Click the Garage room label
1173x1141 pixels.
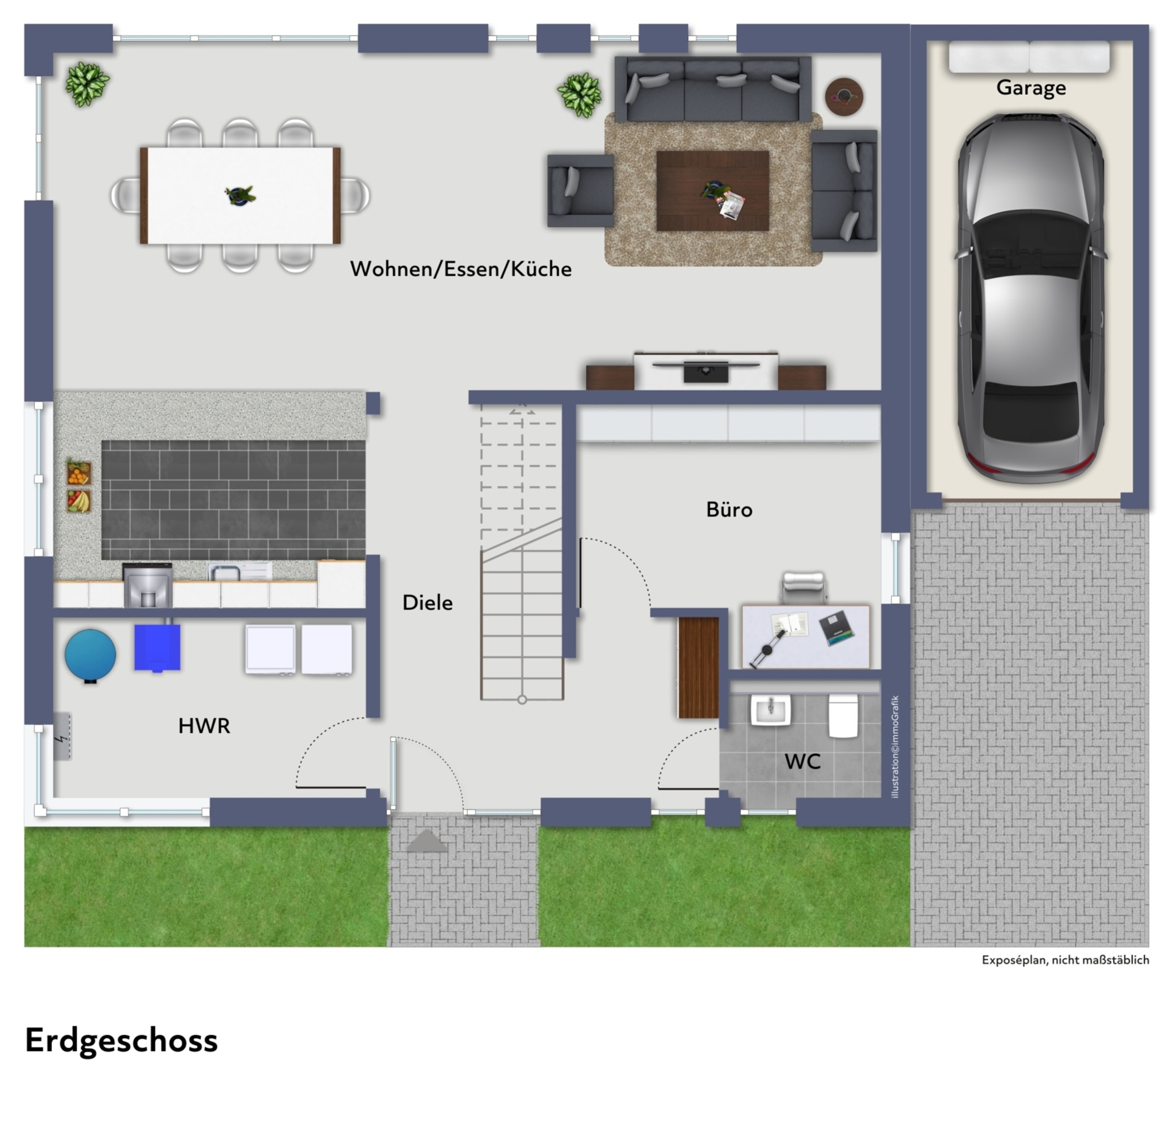tap(1031, 88)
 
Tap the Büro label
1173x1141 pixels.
tap(729, 509)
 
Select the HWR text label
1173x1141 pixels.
tap(204, 726)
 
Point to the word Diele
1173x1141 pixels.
tap(428, 603)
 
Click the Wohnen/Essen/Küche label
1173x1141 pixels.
tap(461, 269)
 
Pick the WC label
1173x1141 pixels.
tap(802, 762)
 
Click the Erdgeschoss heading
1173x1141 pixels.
tap(121, 1040)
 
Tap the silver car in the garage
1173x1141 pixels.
tap(1031, 299)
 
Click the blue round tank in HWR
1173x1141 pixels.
tap(90, 655)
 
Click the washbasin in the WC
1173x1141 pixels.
tap(770, 710)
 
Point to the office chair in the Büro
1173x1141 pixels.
tap(803, 587)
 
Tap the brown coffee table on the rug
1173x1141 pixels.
tap(712, 191)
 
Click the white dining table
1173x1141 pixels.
tap(240, 195)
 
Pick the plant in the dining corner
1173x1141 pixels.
tap(87, 84)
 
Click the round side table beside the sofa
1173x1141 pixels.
tap(844, 96)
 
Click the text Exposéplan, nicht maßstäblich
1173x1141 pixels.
tap(1065, 960)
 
